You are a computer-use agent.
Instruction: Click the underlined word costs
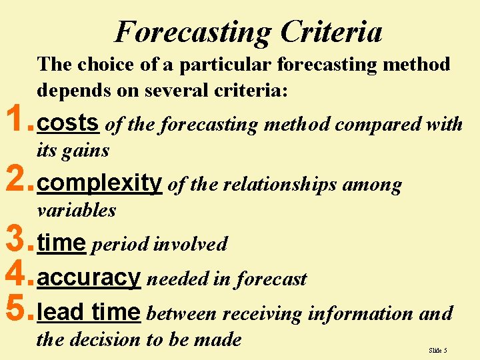(69, 123)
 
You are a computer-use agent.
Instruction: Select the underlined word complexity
(100, 183)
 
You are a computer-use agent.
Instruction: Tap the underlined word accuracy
(89, 278)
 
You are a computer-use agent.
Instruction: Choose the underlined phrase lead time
(89, 312)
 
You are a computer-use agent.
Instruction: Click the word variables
(76, 210)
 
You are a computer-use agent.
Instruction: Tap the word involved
(190, 244)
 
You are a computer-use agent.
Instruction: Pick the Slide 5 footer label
(438, 350)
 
